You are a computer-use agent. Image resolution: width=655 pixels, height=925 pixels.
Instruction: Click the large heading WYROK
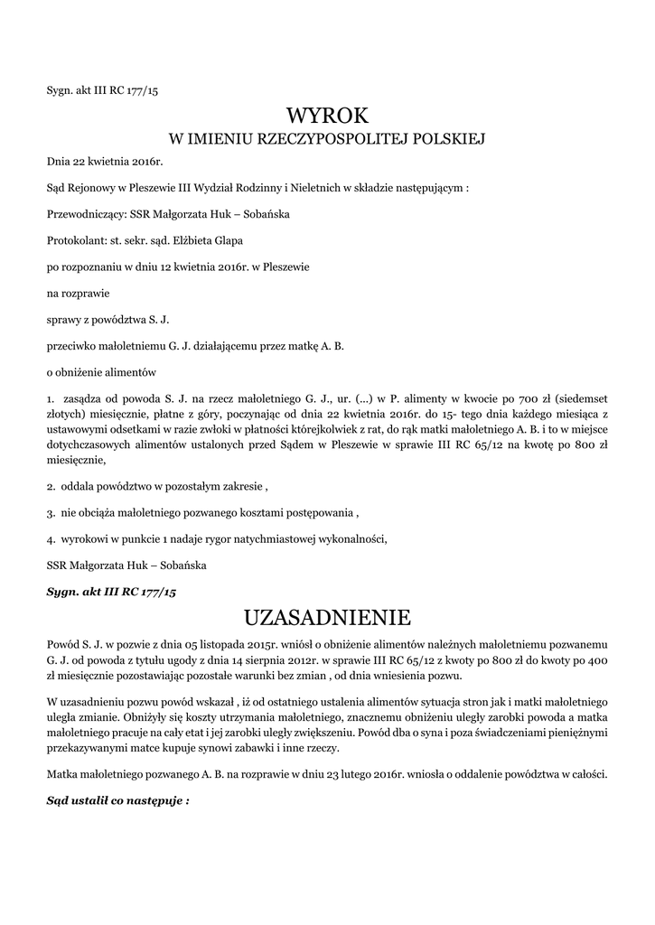point(327,116)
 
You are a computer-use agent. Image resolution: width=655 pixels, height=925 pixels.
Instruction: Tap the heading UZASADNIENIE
point(327,618)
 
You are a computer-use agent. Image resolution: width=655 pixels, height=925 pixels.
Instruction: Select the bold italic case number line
point(111,592)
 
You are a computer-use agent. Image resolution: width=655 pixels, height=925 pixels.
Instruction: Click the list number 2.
point(50,487)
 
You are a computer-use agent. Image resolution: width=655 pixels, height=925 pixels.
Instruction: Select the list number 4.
point(50,539)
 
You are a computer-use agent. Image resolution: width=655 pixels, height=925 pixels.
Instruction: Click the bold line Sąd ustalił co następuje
point(117,801)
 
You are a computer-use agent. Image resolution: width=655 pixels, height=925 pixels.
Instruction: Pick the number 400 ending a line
point(597,660)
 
